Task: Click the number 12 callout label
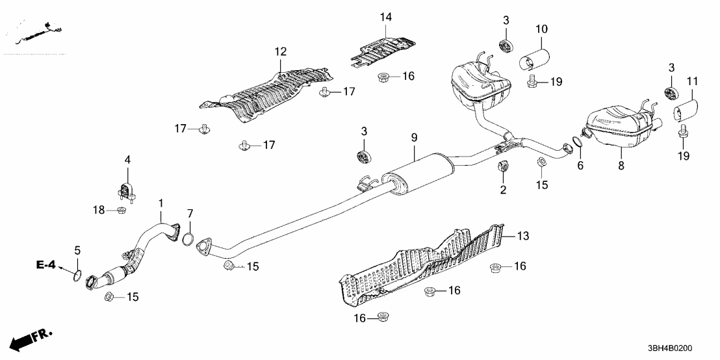coord(280,51)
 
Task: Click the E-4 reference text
coord(48,266)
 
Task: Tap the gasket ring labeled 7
coord(188,240)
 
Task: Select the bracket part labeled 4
coord(125,190)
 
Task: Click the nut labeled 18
coord(121,211)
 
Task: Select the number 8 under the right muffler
coord(621,166)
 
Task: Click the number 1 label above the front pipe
coord(161,205)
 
